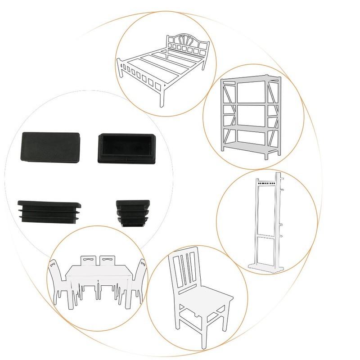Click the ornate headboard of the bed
click(187, 45)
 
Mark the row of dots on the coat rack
click(265, 184)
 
